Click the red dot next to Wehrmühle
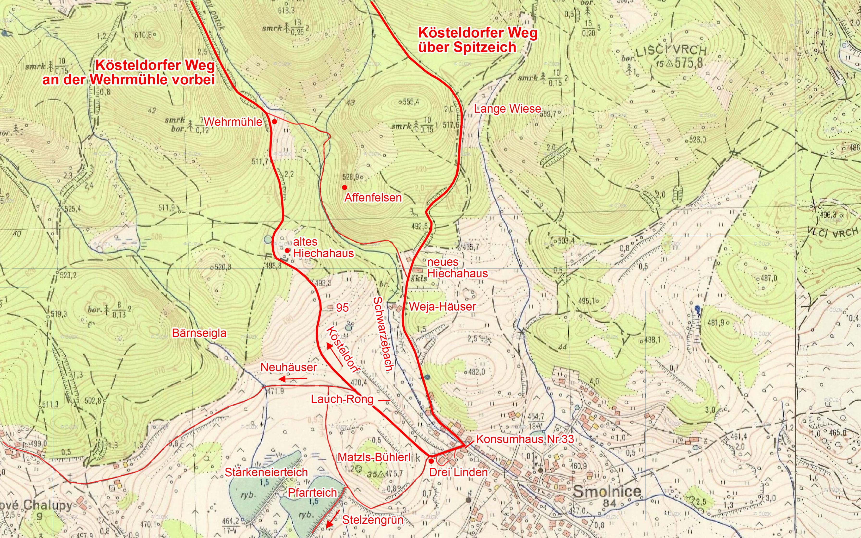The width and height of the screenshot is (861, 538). [x=275, y=122]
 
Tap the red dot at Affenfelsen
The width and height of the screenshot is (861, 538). [x=344, y=187]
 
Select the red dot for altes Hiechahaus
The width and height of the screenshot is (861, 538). [x=287, y=250]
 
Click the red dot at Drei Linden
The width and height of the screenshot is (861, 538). [x=431, y=461]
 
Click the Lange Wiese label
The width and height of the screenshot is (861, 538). [x=507, y=109]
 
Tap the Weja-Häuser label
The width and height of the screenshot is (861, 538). [x=442, y=307]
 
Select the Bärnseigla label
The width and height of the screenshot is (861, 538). [x=199, y=333]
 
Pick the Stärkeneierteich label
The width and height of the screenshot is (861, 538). [x=266, y=472]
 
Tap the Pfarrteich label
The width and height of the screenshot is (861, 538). [x=312, y=493]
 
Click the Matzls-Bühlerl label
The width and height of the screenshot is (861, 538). [x=374, y=457]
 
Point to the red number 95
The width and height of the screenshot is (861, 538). [x=342, y=308]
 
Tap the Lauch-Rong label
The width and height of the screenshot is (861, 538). [x=342, y=399]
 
